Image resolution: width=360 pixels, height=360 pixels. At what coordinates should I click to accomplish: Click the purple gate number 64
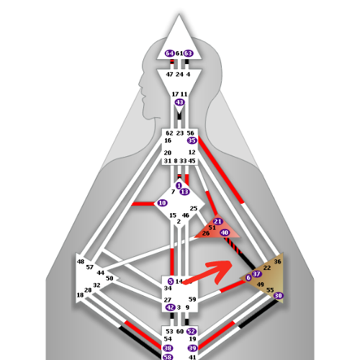tap(170, 53)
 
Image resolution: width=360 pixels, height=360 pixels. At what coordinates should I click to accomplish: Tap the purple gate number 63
tap(189, 53)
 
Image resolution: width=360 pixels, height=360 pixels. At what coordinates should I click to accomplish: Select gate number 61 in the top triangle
tap(179, 53)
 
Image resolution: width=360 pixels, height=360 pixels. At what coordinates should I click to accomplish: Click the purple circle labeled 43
tap(179, 102)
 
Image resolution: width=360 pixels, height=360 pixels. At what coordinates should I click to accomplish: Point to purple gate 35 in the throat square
tap(192, 140)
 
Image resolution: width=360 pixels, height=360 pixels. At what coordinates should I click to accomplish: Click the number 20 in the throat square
tap(168, 153)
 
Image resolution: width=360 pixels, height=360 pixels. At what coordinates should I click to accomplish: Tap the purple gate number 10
tap(162, 203)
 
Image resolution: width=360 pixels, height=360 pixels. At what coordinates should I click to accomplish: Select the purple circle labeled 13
tap(184, 192)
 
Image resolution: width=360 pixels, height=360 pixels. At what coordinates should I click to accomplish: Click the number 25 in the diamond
tap(194, 209)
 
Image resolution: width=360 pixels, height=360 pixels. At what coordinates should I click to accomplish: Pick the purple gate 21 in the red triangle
tap(217, 221)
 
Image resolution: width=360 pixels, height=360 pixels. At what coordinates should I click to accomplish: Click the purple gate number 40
tap(225, 233)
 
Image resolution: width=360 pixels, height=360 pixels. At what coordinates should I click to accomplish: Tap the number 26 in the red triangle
tap(206, 233)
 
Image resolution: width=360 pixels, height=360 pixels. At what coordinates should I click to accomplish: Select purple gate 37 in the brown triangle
tap(256, 274)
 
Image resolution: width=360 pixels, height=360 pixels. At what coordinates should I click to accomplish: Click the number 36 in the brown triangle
tap(277, 261)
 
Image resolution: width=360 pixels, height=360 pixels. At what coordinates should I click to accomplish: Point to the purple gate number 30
tap(278, 295)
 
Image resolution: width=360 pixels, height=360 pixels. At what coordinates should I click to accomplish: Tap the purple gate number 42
tap(171, 307)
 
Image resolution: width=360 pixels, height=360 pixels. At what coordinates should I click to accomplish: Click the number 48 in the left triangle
tap(81, 261)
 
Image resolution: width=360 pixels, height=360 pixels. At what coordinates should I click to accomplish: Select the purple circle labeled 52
tap(192, 331)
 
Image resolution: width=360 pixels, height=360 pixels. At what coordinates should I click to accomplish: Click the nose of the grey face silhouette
tap(139, 84)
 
